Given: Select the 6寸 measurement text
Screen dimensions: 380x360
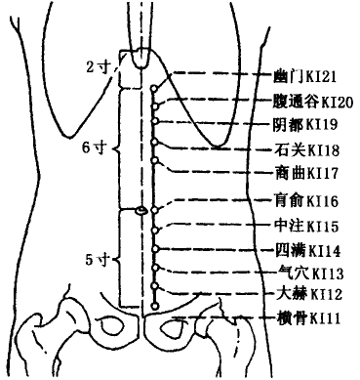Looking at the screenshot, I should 94,147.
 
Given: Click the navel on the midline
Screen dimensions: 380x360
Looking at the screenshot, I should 141,210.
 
